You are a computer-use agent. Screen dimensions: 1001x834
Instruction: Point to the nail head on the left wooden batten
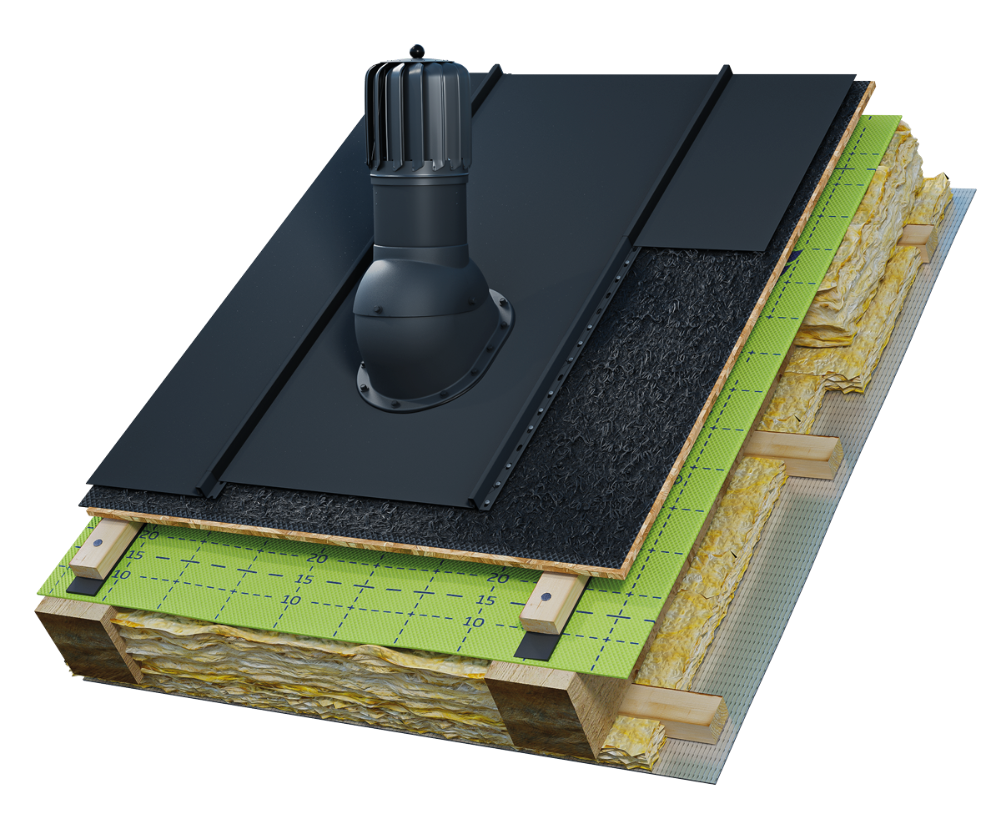[98, 543]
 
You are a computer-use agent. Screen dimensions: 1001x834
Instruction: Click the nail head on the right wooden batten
[546, 597]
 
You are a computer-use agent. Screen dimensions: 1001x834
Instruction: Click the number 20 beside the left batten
[149, 535]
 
